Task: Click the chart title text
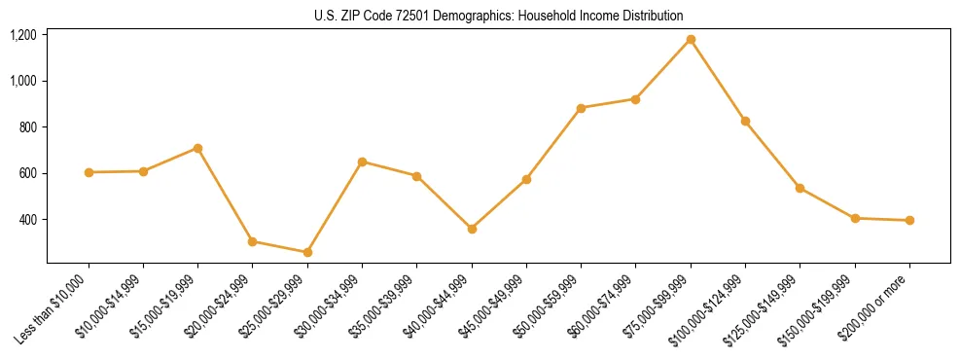(x=499, y=16)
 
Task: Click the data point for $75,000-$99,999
(x=691, y=40)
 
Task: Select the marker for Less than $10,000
(x=89, y=172)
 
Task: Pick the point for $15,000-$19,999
(x=197, y=148)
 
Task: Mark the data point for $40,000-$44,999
(x=472, y=229)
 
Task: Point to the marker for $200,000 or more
(x=909, y=220)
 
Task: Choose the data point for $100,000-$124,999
(x=745, y=121)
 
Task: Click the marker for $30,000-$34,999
(x=362, y=162)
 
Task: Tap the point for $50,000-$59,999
(x=581, y=108)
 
